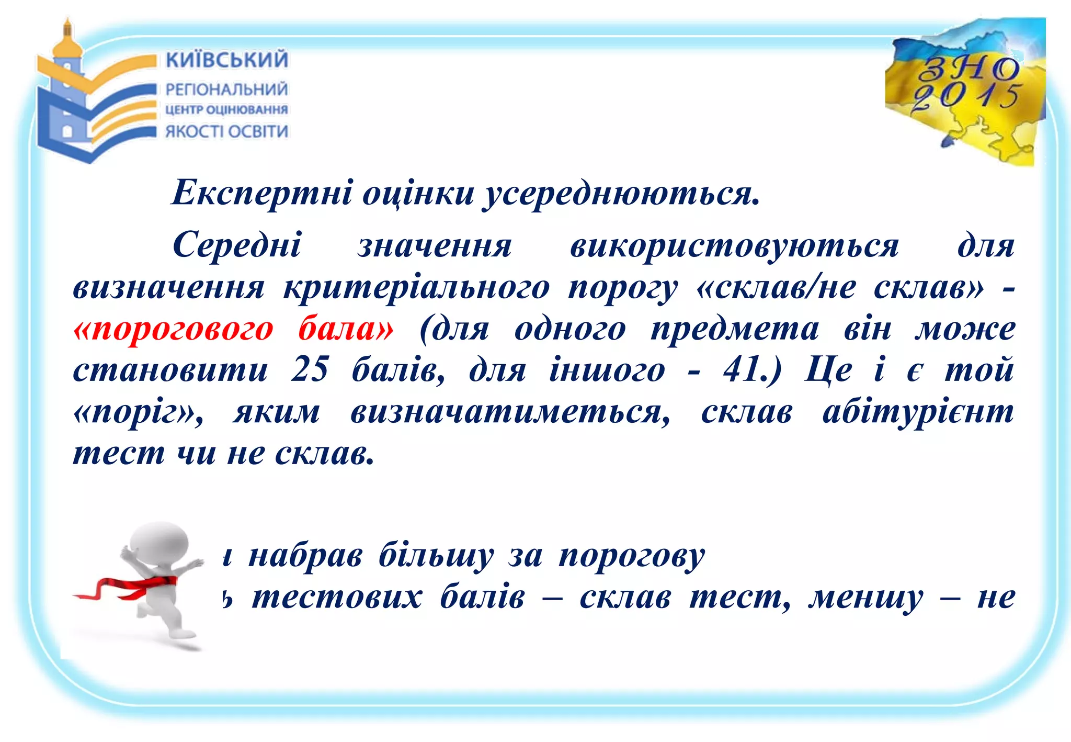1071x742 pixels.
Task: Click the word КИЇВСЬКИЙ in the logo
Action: pyautogui.click(x=226, y=60)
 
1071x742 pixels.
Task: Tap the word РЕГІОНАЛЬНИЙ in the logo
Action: pyautogui.click(x=226, y=89)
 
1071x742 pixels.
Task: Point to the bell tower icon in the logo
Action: pyautogui.click(x=66, y=84)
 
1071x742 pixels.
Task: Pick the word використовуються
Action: pyautogui.click(x=734, y=246)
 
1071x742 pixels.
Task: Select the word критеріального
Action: pyautogui.click(x=416, y=288)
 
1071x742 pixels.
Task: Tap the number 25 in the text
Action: pyautogui.click(x=310, y=369)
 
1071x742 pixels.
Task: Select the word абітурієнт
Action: pyautogui.click(x=918, y=411)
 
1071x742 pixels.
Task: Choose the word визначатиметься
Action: pyautogui.click(x=510, y=412)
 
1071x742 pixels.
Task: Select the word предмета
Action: pyautogui.click(x=735, y=329)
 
